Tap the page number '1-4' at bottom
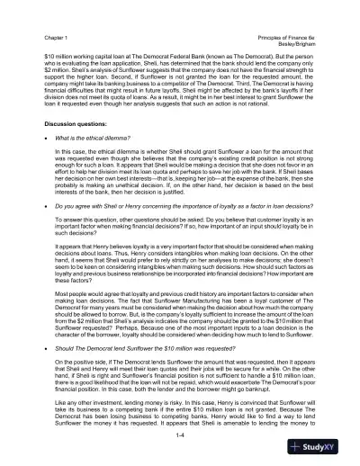180,435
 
